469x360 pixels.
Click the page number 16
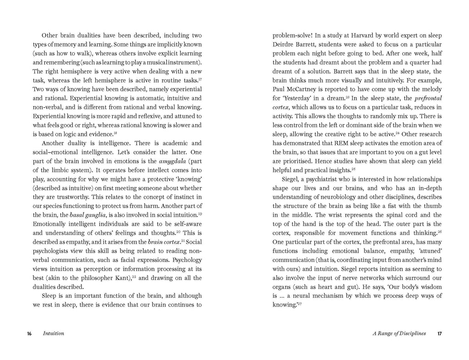point(29,333)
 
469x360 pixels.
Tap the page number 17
point(439,333)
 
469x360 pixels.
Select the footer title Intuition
point(53,333)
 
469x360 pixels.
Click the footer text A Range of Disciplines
point(399,333)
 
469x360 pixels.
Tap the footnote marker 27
point(300,304)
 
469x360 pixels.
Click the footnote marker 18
point(115,133)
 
